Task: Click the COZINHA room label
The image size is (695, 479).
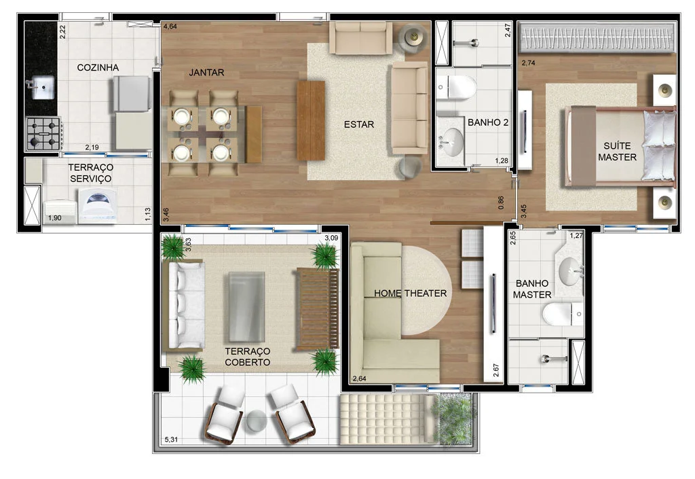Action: pyautogui.click(x=98, y=67)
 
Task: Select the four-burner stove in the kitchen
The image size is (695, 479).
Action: pyautogui.click(x=43, y=133)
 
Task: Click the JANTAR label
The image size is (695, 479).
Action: pyautogui.click(x=206, y=72)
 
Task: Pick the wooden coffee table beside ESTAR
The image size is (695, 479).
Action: pyautogui.click(x=311, y=120)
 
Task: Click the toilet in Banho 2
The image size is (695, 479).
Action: pyautogui.click(x=456, y=87)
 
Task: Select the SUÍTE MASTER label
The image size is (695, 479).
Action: pyautogui.click(x=617, y=152)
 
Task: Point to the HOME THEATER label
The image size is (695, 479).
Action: pyautogui.click(x=411, y=293)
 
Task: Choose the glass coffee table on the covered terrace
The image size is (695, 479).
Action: pyautogui.click(x=246, y=307)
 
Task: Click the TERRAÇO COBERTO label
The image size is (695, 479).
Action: pyautogui.click(x=247, y=357)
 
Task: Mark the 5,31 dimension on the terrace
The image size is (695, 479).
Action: pyautogui.click(x=171, y=440)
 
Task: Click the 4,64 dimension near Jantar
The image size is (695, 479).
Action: pyautogui.click(x=170, y=26)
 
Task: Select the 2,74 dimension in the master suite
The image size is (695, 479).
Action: pyautogui.click(x=528, y=63)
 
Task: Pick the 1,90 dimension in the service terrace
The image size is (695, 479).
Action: pyautogui.click(x=54, y=218)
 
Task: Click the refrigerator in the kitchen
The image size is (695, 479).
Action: pyautogui.click(x=132, y=94)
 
